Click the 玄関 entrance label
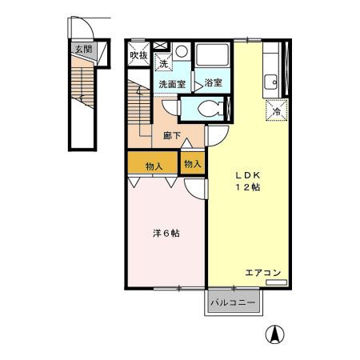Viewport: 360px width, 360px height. (x=83, y=49)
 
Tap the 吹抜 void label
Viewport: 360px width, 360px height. (x=138, y=55)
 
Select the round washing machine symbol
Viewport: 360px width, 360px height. (x=182, y=51)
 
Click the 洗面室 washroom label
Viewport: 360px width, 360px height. (x=172, y=84)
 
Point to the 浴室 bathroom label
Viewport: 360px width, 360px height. (x=213, y=82)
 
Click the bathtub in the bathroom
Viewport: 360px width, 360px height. (x=212, y=55)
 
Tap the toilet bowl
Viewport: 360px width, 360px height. (x=209, y=109)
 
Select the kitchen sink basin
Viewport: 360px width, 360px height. (x=270, y=82)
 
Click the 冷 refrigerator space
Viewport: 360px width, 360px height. (x=277, y=110)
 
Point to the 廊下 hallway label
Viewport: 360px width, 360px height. (x=172, y=136)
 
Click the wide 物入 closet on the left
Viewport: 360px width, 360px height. (x=153, y=162)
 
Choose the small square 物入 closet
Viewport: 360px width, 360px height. (x=193, y=163)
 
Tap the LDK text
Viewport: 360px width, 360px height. (x=247, y=175)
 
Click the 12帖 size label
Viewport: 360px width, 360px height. (x=247, y=187)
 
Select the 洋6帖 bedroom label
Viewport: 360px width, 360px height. (x=166, y=234)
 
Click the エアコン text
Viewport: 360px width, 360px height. (x=262, y=273)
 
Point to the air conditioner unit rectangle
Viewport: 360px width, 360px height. (x=277, y=282)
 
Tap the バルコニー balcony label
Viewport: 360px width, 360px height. (x=233, y=303)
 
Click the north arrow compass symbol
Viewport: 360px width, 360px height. (x=275, y=334)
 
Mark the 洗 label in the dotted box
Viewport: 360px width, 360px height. (x=163, y=63)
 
